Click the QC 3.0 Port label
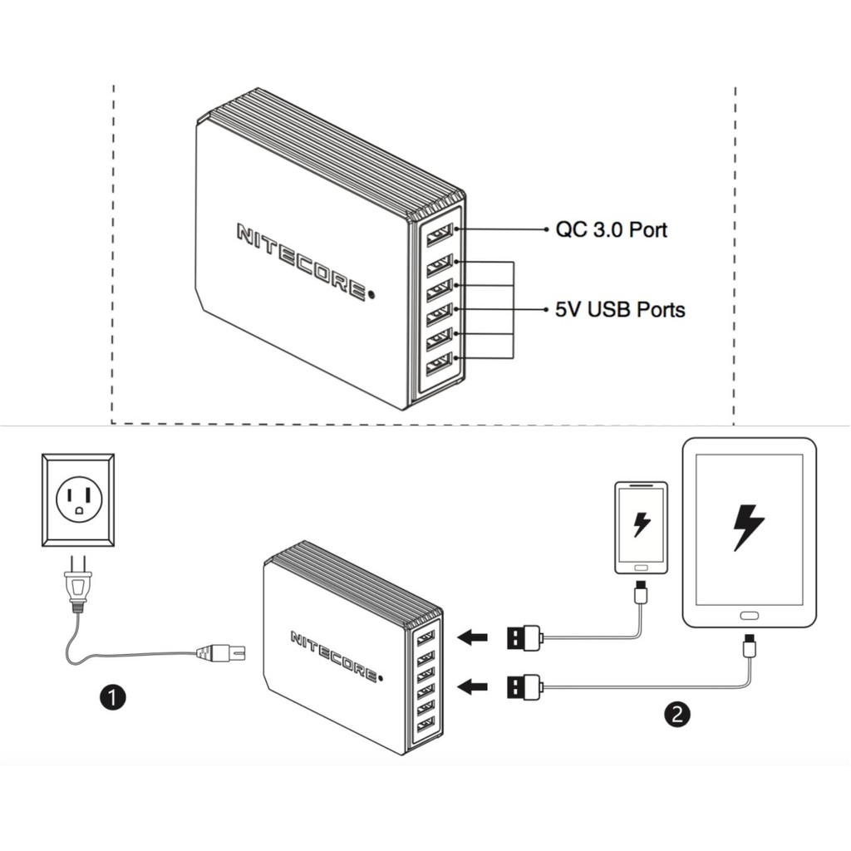[x=611, y=229]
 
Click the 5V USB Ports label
[x=620, y=310]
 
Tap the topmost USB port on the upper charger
[x=439, y=235]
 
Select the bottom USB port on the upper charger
[x=438, y=365]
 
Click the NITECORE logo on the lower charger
[x=333, y=655]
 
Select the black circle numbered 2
[x=678, y=713]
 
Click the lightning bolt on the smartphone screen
[x=641, y=524]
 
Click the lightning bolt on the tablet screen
[x=748, y=527]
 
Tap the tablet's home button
[x=749, y=616]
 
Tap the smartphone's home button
[x=641, y=567]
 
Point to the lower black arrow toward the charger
[x=473, y=686]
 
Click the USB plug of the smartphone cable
[x=524, y=638]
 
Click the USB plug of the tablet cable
[x=524, y=686]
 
